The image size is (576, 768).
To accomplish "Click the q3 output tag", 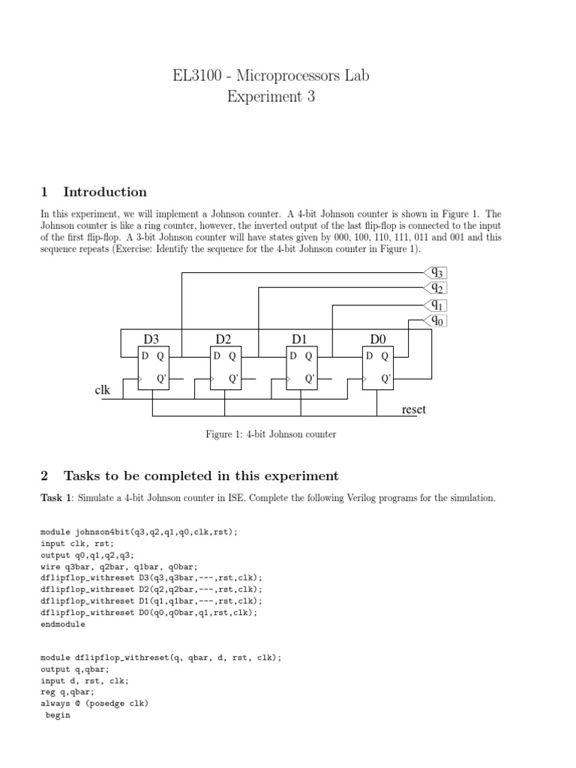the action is coord(435,273).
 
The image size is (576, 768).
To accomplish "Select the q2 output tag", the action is coord(435,288).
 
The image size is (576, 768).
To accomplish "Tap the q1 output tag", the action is coord(435,304).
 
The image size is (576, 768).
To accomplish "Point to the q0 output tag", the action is coord(435,320).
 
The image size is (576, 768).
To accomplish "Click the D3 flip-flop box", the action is coord(155,368).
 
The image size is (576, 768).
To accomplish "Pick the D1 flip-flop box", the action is coord(304,368).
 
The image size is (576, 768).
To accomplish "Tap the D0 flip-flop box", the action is coord(379,368).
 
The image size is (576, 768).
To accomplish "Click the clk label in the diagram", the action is coord(103,391).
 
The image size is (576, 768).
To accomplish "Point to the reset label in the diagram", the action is coord(414,409).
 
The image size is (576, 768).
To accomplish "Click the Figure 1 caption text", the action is coord(271,433).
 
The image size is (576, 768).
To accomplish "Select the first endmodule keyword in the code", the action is coord(63,624).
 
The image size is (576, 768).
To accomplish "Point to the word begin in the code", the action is coord(58,715).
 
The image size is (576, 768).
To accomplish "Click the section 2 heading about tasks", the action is coord(201,476).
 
